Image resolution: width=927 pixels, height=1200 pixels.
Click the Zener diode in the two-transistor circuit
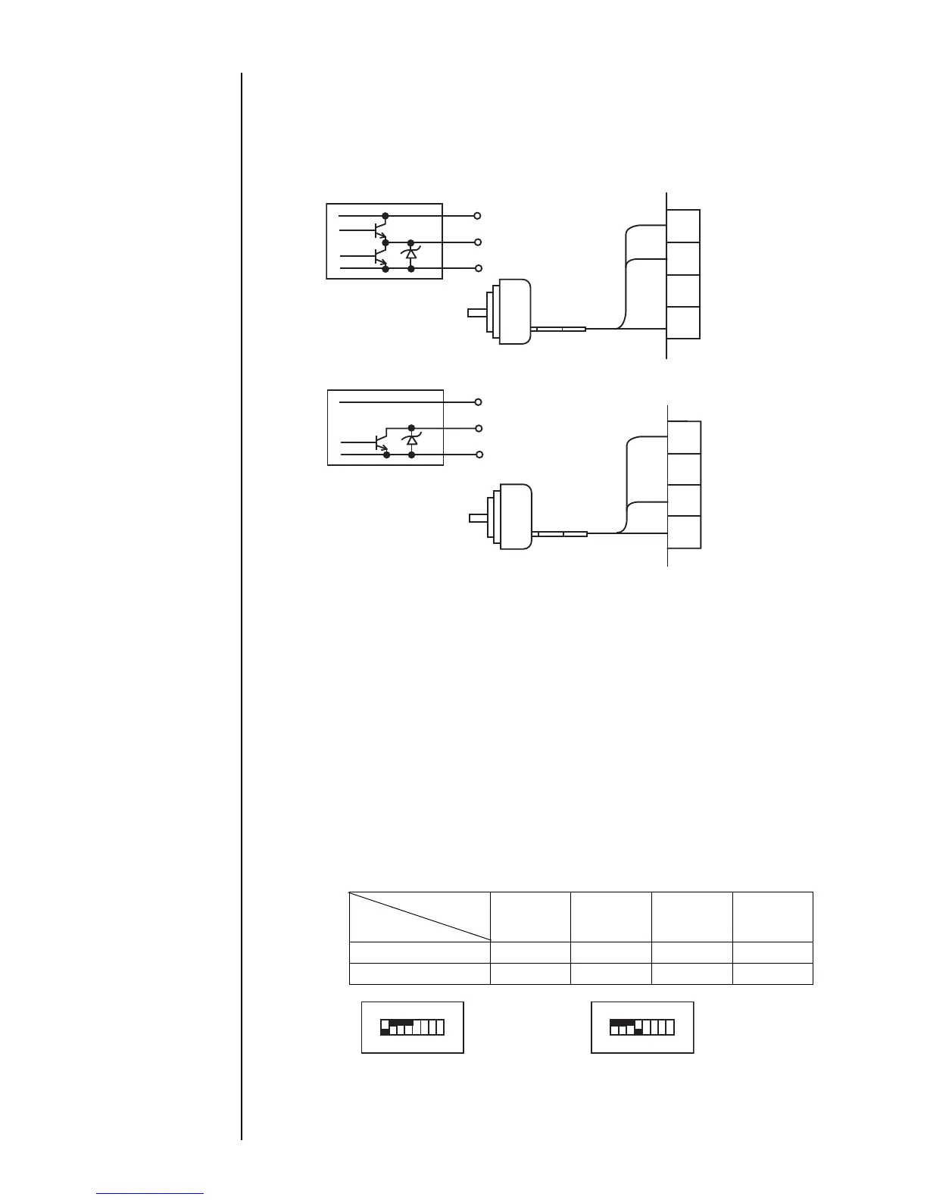(411, 252)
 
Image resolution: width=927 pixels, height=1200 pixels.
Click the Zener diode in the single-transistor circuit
(411, 439)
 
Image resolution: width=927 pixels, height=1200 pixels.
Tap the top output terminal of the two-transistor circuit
(477, 215)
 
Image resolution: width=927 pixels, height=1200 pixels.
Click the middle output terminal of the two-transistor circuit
(477, 242)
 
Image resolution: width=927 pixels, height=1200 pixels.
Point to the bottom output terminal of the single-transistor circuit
(477, 455)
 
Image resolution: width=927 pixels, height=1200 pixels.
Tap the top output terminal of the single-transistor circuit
(477, 402)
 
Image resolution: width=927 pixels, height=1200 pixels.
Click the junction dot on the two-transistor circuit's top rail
(385, 215)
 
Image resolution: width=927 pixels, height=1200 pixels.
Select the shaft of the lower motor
(479, 518)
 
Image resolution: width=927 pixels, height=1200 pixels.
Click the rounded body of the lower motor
(515, 518)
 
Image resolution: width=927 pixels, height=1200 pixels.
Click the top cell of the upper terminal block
(683, 226)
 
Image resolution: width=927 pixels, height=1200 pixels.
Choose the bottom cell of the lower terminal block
(684, 532)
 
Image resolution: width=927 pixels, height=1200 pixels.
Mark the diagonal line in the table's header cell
(420, 917)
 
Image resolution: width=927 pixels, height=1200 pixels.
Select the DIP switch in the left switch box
(412, 1027)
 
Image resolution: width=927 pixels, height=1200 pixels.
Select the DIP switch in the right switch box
(641, 1027)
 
